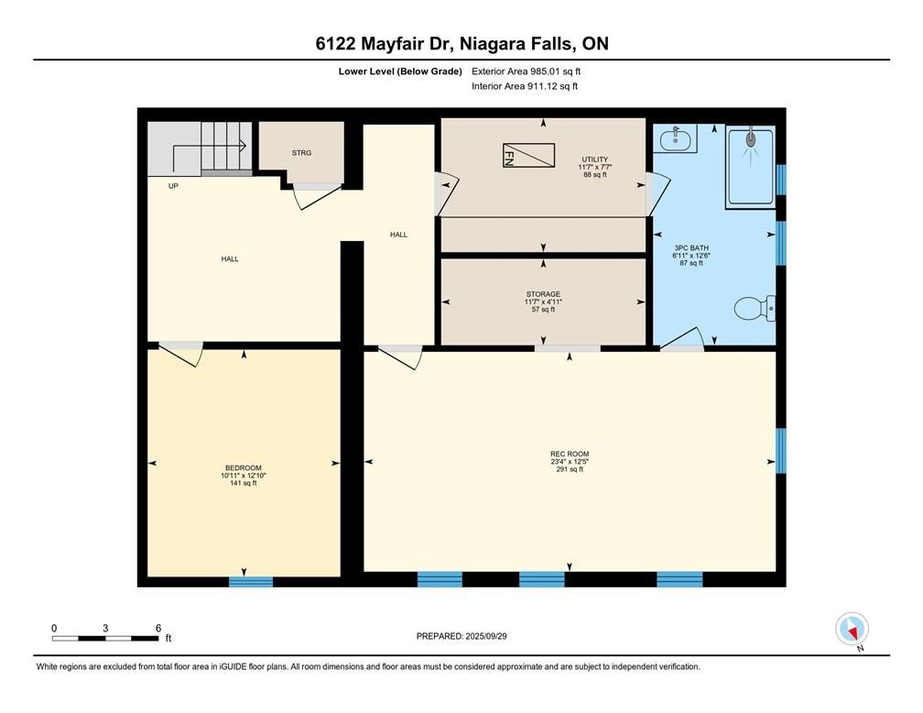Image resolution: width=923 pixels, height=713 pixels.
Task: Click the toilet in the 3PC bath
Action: tap(755, 308)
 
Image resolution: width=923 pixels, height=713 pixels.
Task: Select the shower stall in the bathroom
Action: tap(751, 166)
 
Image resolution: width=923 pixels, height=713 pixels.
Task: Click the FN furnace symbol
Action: tap(528, 155)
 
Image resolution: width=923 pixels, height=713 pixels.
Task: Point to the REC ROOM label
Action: tap(570, 454)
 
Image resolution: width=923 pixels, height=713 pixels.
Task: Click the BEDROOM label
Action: tap(244, 468)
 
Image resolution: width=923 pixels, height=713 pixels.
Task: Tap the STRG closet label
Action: tap(301, 153)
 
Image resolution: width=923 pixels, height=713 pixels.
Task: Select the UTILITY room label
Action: tap(595, 159)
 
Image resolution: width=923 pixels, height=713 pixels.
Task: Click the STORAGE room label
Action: tap(543, 294)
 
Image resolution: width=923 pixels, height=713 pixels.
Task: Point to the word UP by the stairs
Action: tap(173, 186)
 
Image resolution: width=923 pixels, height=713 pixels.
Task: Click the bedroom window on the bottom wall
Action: tap(251, 582)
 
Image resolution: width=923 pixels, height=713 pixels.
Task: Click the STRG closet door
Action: tap(317, 196)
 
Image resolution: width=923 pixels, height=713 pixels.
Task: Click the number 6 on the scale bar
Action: tap(158, 628)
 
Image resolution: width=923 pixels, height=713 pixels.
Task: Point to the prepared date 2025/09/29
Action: tap(486, 636)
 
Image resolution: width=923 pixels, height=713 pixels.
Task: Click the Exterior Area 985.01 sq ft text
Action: tap(527, 71)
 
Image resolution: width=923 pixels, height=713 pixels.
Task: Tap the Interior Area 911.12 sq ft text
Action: tap(525, 86)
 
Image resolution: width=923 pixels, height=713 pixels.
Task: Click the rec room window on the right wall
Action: tap(781, 450)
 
